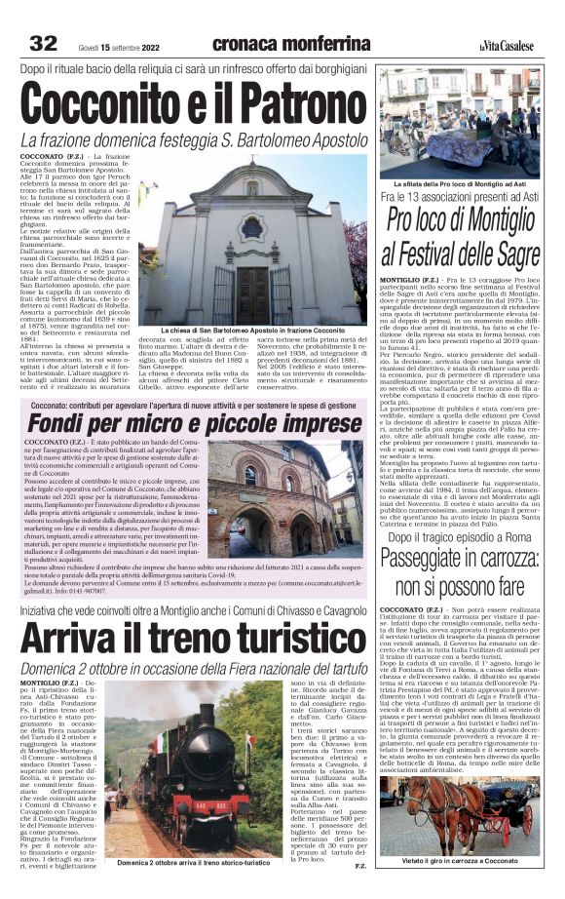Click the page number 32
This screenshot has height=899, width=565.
(x=43, y=44)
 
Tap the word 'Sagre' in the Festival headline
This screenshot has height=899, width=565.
(x=509, y=256)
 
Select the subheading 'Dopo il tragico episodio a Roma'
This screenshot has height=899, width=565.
(x=458, y=536)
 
